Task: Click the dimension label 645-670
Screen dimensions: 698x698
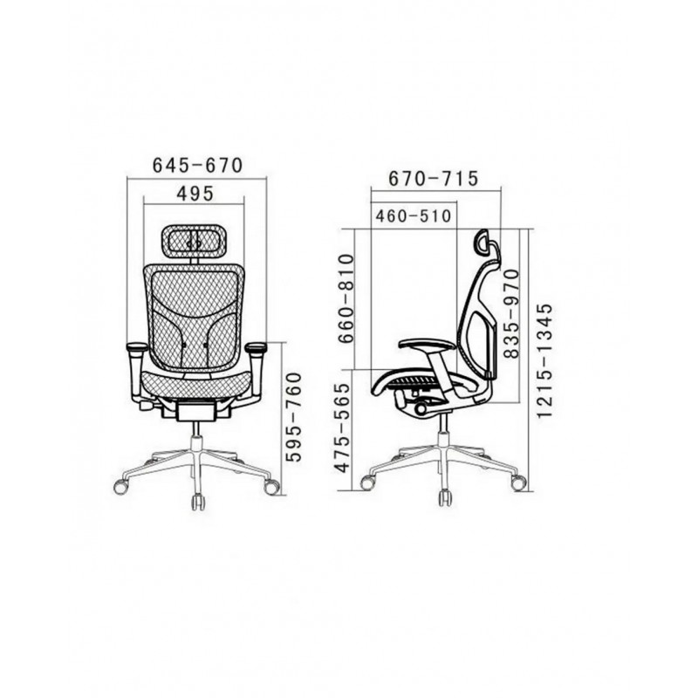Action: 197,165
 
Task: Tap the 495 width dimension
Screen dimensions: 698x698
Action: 195,194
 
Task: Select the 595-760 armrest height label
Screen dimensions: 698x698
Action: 293,417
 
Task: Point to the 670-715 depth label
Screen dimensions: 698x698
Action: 433,178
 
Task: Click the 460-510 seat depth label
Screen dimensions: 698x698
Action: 414,216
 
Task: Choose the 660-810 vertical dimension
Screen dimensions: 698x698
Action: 346,298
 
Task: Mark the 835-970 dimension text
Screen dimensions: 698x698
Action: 512,314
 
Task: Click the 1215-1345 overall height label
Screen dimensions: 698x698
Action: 544,361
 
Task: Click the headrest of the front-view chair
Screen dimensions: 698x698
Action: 193,241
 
